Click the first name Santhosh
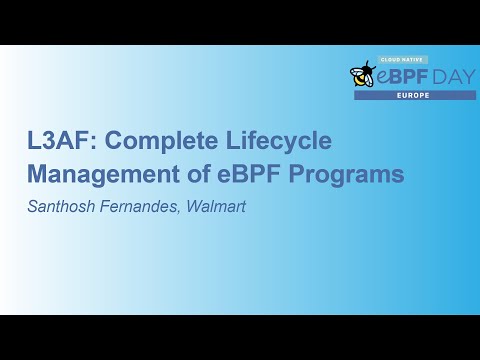tap(62, 206)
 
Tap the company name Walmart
tap(215, 206)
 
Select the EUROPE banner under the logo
tap(414, 95)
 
